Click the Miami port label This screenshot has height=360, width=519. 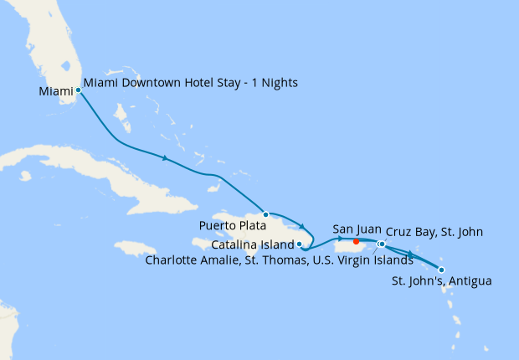pyautogui.click(x=55, y=91)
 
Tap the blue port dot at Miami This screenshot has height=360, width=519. pyautogui.click(x=78, y=90)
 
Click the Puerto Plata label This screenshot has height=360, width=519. pyautogui.click(x=232, y=225)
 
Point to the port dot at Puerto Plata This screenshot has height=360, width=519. pyautogui.click(x=265, y=214)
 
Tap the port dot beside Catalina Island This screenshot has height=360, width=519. pyautogui.click(x=300, y=244)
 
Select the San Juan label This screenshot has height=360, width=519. pyautogui.click(x=357, y=229)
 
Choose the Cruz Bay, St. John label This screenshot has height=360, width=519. pyautogui.click(x=434, y=232)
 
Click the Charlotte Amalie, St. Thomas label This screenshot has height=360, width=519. pyautogui.click(x=279, y=260)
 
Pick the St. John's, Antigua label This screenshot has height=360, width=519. pyautogui.click(x=441, y=280)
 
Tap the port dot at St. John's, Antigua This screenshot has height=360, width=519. pyautogui.click(x=441, y=270)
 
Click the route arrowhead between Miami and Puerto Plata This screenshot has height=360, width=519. pyautogui.click(x=166, y=157)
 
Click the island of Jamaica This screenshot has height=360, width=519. pyautogui.click(x=135, y=249)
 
